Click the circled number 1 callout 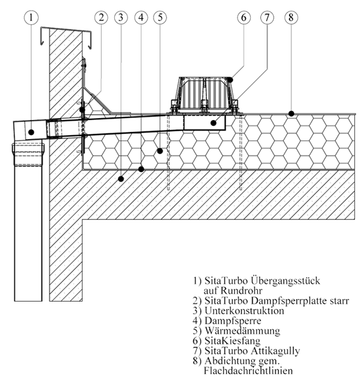click(x=31, y=18)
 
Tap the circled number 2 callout click(x=102, y=18)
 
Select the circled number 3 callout click(x=121, y=18)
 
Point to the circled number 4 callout click(x=141, y=18)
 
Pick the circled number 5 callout click(x=160, y=18)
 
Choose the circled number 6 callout click(x=244, y=18)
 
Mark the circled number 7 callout click(x=267, y=18)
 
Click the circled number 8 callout click(x=291, y=18)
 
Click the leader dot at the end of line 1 click(x=31, y=132)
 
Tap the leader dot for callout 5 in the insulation click(x=160, y=151)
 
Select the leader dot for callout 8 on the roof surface click(x=291, y=114)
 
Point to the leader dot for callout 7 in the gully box click(x=213, y=123)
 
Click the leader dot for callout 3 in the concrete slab click(x=121, y=179)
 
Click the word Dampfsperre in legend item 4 click(x=233, y=321)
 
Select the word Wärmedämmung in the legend click(x=242, y=331)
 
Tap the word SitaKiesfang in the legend click(x=232, y=340)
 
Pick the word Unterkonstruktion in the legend click(x=244, y=311)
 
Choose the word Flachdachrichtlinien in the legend click(x=248, y=371)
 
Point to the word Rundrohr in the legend click(x=241, y=291)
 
